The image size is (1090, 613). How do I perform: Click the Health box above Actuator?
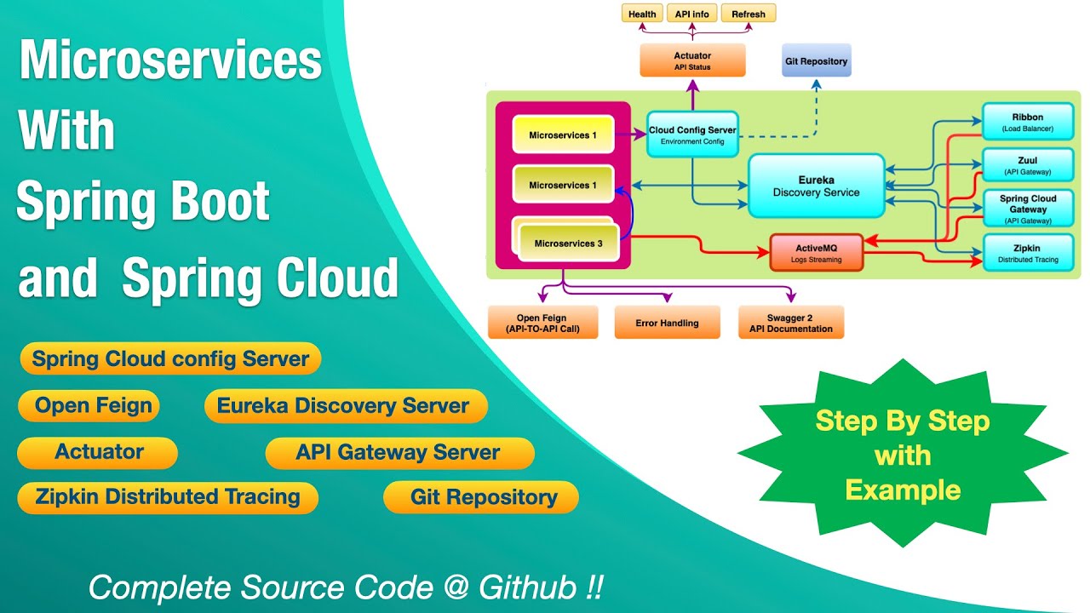click(642, 14)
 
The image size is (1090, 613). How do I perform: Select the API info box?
click(692, 14)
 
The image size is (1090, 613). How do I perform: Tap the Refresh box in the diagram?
click(748, 14)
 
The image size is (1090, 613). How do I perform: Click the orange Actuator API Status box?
click(692, 60)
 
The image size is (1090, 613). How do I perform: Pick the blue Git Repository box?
click(816, 61)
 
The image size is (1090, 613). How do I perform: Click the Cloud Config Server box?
click(692, 135)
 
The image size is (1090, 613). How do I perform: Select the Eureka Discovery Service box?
click(816, 186)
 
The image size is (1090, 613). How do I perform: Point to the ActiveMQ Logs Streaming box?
click(817, 253)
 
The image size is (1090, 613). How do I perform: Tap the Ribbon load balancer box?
click(1027, 123)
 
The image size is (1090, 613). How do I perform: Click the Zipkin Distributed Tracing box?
click(1027, 253)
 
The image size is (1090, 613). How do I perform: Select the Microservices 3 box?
click(568, 243)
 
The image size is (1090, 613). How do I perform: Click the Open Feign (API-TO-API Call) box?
click(542, 323)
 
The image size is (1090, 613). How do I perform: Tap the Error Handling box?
click(667, 323)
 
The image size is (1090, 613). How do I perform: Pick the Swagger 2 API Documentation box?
click(791, 323)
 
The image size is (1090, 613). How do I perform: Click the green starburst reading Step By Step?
click(903, 455)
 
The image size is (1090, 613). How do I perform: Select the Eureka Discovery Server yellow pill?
click(345, 406)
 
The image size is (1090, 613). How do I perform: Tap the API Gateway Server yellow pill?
click(399, 452)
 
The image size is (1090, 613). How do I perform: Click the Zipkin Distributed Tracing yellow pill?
click(168, 497)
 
